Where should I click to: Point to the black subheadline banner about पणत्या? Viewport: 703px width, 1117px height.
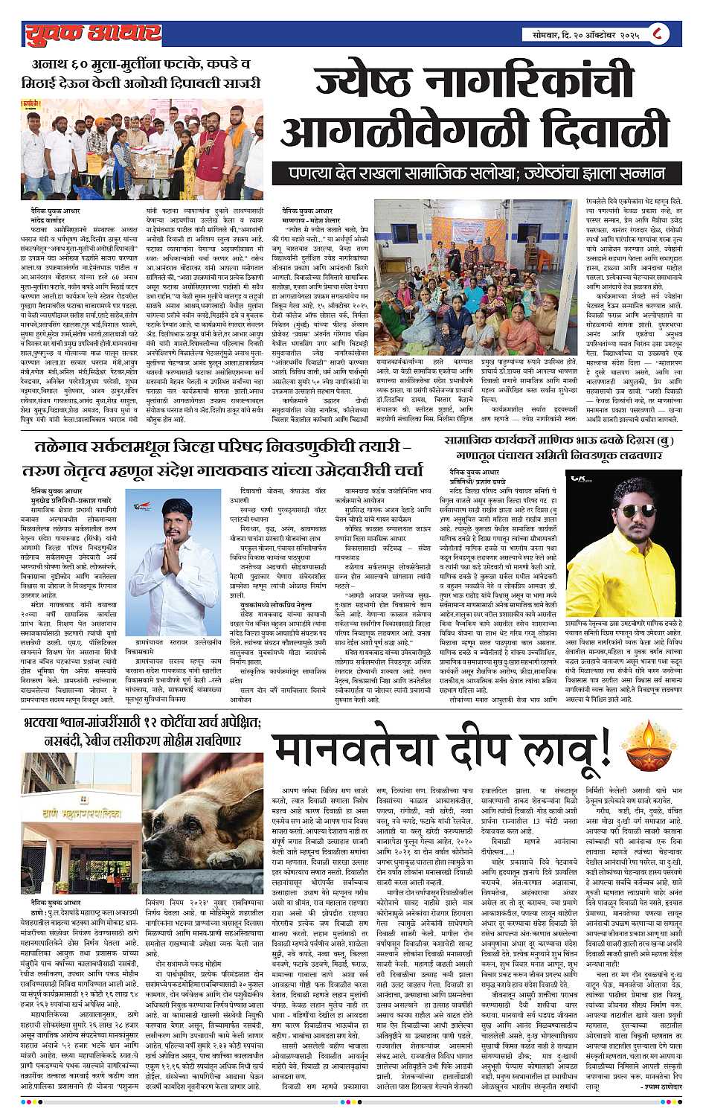[x=478, y=173]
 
